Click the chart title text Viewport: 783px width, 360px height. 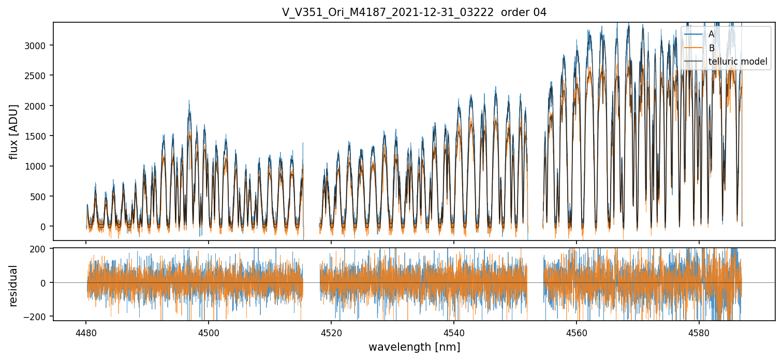pos(414,12)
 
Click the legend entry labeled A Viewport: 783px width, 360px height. pos(711,34)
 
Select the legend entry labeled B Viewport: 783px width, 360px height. pos(712,48)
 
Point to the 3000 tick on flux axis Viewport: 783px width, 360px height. pos(36,46)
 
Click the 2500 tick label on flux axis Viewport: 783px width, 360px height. pos(36,76)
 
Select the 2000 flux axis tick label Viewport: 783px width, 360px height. pos(36,106)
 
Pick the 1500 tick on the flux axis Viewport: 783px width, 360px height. pos(36,136)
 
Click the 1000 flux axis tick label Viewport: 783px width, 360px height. pos(36,166)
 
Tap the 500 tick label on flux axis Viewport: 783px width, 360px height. pos(38,197)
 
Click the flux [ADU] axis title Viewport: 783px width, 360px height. pos(14,131)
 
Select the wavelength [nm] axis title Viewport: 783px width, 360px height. pos(414,347)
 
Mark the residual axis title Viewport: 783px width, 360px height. pos(14,285)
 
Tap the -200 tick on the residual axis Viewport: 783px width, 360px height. pos(36,316)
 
